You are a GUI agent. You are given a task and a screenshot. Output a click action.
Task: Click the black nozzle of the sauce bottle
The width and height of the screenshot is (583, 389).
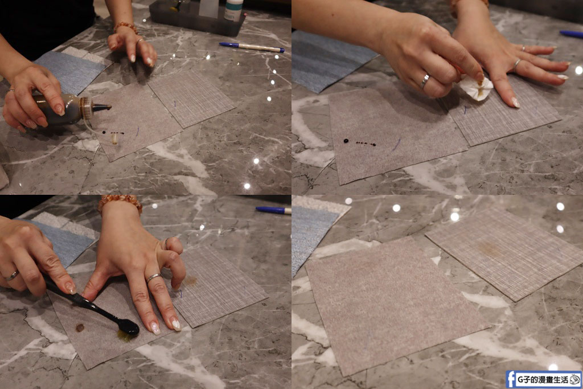coord(101,108)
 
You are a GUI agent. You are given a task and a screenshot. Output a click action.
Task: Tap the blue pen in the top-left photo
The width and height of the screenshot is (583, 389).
coord(252,47)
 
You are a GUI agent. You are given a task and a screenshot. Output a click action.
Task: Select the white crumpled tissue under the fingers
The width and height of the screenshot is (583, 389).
coord(476,88)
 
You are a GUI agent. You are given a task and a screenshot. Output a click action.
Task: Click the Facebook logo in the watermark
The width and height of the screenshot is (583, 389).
coord(511,379)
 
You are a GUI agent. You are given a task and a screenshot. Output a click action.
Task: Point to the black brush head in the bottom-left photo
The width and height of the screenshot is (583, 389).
coord(128,326)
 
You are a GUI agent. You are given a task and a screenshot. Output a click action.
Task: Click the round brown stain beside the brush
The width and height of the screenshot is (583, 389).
coord(80,327)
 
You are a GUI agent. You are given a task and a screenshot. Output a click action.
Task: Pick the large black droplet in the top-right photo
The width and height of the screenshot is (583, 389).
coord(346,141)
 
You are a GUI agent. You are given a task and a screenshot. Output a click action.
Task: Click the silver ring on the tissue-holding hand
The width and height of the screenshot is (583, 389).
coord(425,81)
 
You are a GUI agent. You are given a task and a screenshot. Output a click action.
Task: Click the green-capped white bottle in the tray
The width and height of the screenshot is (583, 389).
coord(234,9)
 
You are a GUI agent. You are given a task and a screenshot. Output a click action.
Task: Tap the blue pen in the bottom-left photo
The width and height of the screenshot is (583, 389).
coord(273,210)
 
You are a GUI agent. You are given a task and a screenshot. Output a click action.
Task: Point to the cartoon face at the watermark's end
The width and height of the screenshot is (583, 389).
coord(575,379)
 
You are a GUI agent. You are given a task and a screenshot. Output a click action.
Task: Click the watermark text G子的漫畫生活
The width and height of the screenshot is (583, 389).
coord(543,380)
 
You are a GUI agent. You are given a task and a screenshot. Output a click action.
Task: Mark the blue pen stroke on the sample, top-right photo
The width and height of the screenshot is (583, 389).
coord(396,144)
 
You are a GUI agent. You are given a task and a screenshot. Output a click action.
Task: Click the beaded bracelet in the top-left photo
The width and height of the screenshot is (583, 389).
coord(126,27)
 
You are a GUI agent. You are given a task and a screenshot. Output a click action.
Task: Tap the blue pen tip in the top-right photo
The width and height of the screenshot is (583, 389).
coord(562,33)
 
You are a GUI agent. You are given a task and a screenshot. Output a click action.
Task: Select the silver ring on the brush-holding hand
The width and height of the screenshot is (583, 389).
coord(12,276)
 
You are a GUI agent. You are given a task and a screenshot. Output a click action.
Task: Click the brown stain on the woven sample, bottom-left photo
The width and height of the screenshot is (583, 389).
coord(190,280)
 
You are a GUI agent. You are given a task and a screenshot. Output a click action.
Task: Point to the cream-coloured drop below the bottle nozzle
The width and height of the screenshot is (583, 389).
coord(114,139)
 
